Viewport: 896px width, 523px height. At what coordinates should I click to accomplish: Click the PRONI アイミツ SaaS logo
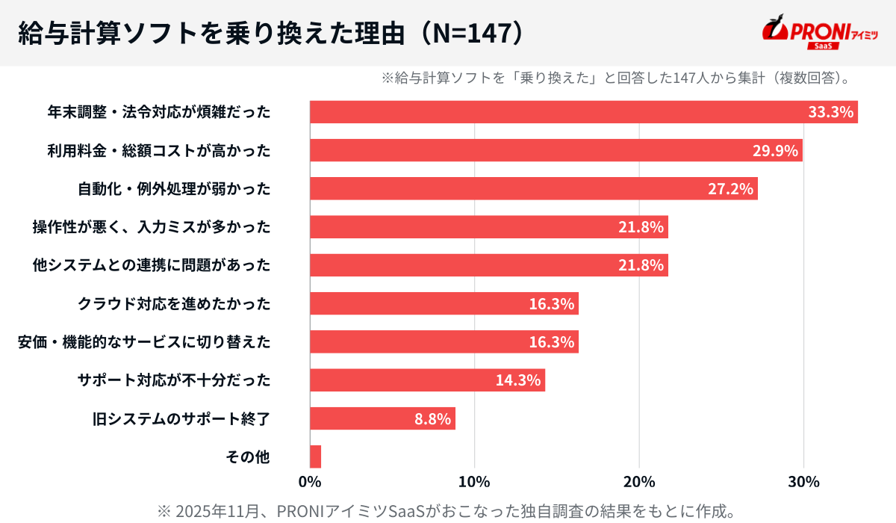pyautogui.click(x=819, y=32)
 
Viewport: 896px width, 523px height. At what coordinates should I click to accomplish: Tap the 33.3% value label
pyautogui.click(x=830, y=112)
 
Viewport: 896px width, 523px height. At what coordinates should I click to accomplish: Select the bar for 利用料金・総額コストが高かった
pyautogui.click(x=556, y=150)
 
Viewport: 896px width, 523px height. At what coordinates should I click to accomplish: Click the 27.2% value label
pyautogui.click(x=730, y=189)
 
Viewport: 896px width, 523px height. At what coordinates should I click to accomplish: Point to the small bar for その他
pyautogui.click(x=315, y=457)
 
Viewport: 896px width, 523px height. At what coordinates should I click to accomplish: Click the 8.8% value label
pyautogui.click(x=433, y=418)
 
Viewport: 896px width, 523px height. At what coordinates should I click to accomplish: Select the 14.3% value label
pyautogui.click(x=517, y=380)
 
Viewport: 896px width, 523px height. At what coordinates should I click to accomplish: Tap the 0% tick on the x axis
pyautogui.click(x=310, y=480)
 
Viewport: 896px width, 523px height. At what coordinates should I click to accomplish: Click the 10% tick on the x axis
pyautogui.click(x=474, y=480)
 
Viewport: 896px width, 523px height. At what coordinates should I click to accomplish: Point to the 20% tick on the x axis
pyautogui.click(x=639, y=480)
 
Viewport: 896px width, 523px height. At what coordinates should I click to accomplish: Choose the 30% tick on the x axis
pyautogui.click(x=803, y=480)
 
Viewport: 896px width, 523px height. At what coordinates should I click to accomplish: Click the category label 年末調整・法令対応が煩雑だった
pyautogui.click(x=158, y=113)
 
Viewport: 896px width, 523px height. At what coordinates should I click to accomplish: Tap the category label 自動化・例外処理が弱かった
pyautogui.click(x=174, y=189)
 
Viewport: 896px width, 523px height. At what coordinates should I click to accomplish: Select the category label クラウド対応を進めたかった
pyautogui.click(x=174, y=304)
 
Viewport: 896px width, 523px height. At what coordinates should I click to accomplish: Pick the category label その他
pyautogui.click(x=247, y=457)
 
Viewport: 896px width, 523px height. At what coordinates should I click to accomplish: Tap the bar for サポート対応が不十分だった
pyautogui.click(x=427, y=380)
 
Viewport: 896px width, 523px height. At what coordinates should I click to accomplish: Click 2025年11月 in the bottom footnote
pyautogui.click(x=212, y=511)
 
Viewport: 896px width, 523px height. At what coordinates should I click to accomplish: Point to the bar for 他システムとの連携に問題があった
pyautogui.click(x=488, y=265)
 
